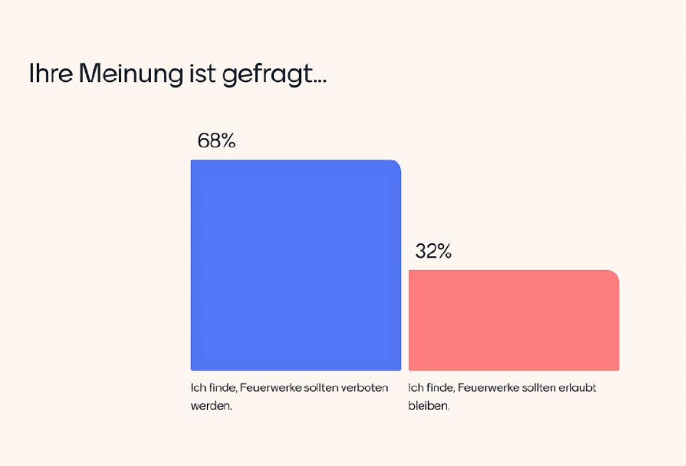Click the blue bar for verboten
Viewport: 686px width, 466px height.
point(295,265)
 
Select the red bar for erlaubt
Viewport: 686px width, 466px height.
point(513,320)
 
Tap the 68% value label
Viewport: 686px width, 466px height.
point(217,140)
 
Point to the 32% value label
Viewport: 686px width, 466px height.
point(433,252)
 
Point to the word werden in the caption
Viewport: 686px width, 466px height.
point(211,406)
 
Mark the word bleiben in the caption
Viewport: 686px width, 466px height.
point(429,406)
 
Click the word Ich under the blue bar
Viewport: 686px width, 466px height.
point(198,387)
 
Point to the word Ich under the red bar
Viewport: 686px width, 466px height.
point(415,387)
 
